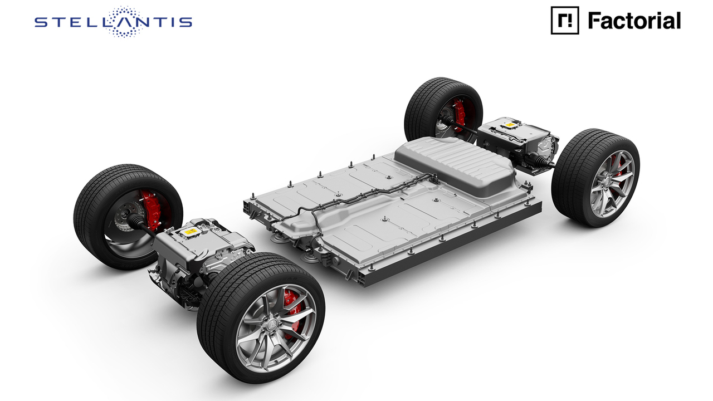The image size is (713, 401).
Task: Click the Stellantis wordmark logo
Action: (x=113, y=22)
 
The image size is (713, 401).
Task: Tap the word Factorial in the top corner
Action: (x=634, y=21)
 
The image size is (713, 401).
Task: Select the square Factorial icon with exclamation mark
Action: (x=565, y=21)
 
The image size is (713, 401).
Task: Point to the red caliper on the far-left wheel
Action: (x=152, y=208)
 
